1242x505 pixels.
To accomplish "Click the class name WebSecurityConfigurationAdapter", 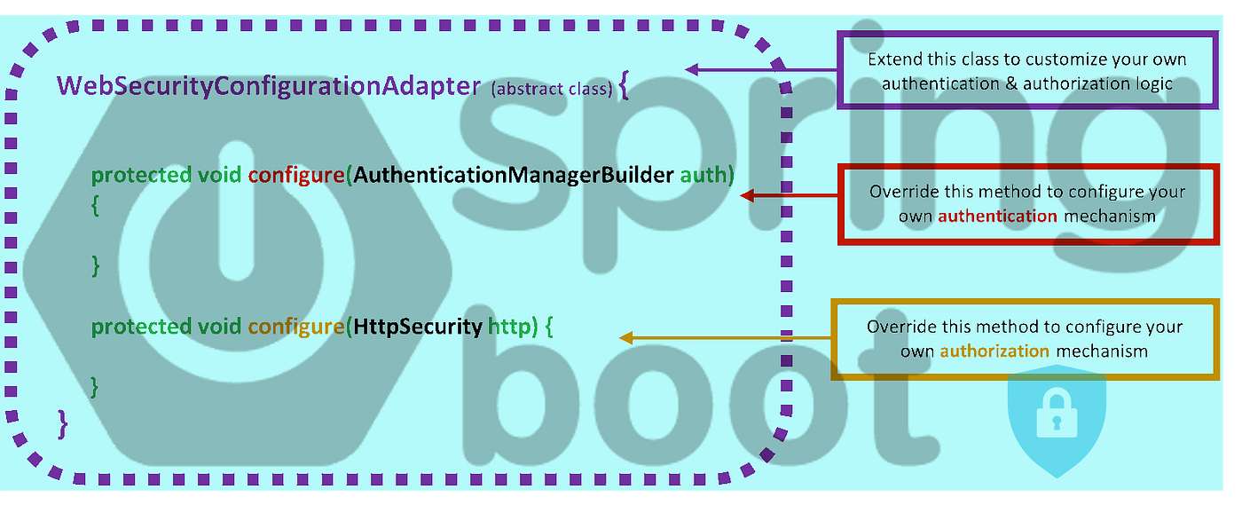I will pyautogui.click(x=269, y=86).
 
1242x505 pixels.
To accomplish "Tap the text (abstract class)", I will pyautogui.click(x=551, y=89).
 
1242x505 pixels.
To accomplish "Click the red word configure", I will pyautogui.click(x=295, y=175).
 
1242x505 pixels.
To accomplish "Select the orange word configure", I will pyautogui.click(x=295, y=327).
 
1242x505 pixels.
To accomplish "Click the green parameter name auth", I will pyautogui.click(x=707, y=175).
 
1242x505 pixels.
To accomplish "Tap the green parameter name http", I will pyautogui.click(x=513, y=327).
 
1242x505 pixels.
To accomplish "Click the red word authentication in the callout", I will pyautogui.click(x=997, y=216).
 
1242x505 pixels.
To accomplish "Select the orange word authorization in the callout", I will pyautogui.click(x=994, y=351).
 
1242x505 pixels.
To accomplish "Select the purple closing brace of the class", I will pyautogui.click(x=62, y=423).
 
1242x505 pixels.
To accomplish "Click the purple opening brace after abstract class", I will pyautogui.click(x=625, y=87).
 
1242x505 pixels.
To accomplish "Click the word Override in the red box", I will pyautogui.click(x=902, y=192).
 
